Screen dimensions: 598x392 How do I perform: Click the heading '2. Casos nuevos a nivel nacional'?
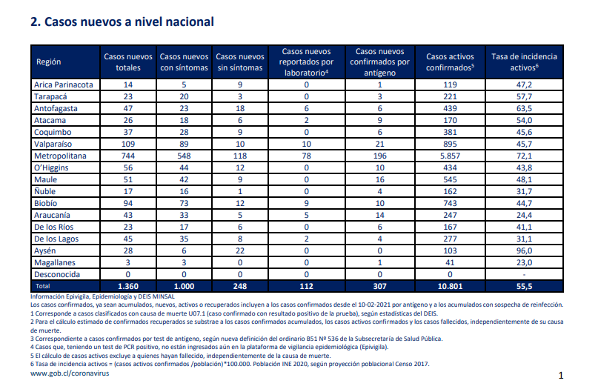[x=122, y=21]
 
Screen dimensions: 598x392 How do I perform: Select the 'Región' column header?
[x=48, y=62]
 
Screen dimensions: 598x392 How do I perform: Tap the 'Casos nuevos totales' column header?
[x=128, y=62]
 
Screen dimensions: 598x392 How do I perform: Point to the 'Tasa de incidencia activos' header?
[x=524, y=62]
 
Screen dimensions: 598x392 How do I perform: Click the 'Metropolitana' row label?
[x=60, y=156]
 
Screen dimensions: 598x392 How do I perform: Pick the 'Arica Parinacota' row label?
[x=63, y=84]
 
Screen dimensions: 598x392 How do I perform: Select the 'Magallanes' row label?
[x=55, y=263]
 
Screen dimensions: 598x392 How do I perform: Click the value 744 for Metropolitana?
[x=128, y=156]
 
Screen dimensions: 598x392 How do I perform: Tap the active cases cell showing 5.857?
[x=450, y=156]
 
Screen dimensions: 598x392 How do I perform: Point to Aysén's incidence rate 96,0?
[x=524, y=250]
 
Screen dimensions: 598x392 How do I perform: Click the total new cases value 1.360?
[x=128, y=286]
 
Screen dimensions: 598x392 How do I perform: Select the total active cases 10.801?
[x=450, y=286]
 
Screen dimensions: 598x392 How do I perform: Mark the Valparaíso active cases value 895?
[x=450, y=144]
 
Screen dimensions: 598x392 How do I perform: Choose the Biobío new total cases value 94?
[x=128, y=203]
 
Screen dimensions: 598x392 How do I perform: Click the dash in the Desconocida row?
[x=524, y=275]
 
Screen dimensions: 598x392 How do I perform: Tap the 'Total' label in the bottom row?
[x=43, y=286]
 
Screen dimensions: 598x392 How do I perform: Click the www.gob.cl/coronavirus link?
[x=70, y=373]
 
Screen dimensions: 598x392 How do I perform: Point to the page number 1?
[x=561, y=376]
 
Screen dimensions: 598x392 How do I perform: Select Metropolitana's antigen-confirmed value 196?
[x=380, y=156]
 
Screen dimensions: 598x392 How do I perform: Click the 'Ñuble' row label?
[x=44, y=191]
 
